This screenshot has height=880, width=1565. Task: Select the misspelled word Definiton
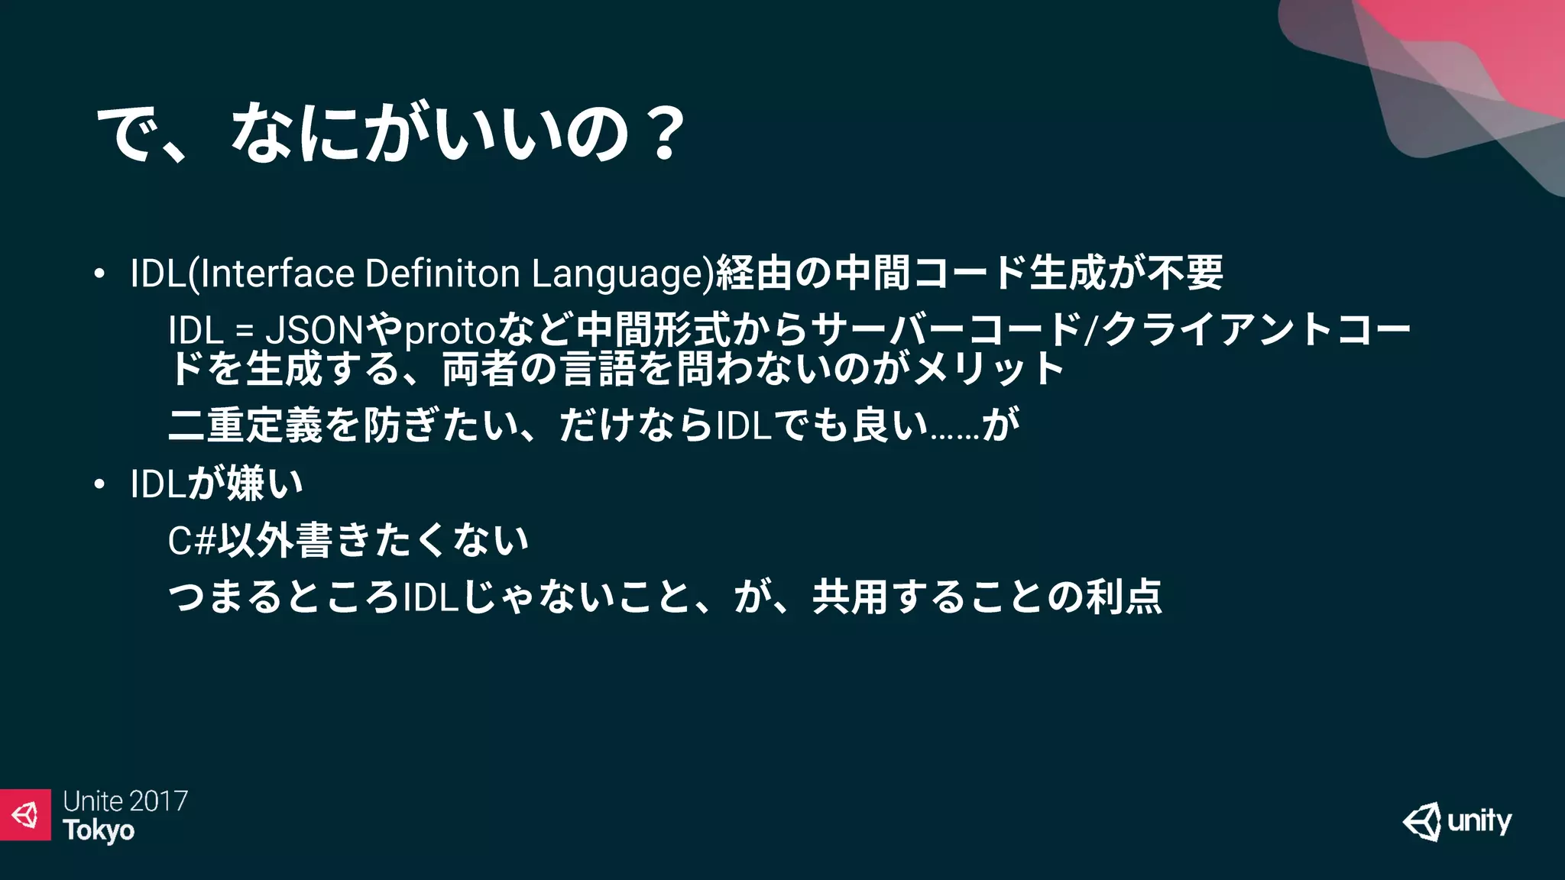(x=442, y=273)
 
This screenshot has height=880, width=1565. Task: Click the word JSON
(x=314, y=331)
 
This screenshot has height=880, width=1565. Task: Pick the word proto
(x=450, y=331)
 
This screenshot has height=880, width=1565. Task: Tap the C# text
(x=192, y=541)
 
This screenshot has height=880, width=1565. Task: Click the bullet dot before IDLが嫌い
(x=99, y=484)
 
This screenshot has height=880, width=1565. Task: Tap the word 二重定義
(x=245, y=425)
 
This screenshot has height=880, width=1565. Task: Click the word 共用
(x=849, y=597)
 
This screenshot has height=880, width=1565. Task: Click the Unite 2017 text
(x=125, y=801)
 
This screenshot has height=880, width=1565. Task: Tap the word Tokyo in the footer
(x=99, y=830)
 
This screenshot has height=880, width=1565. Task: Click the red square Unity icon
(x=25, y=814)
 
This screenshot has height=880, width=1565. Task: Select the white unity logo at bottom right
(x=1456, y=822)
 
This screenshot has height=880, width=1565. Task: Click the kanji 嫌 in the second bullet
(x=245, y=484)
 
